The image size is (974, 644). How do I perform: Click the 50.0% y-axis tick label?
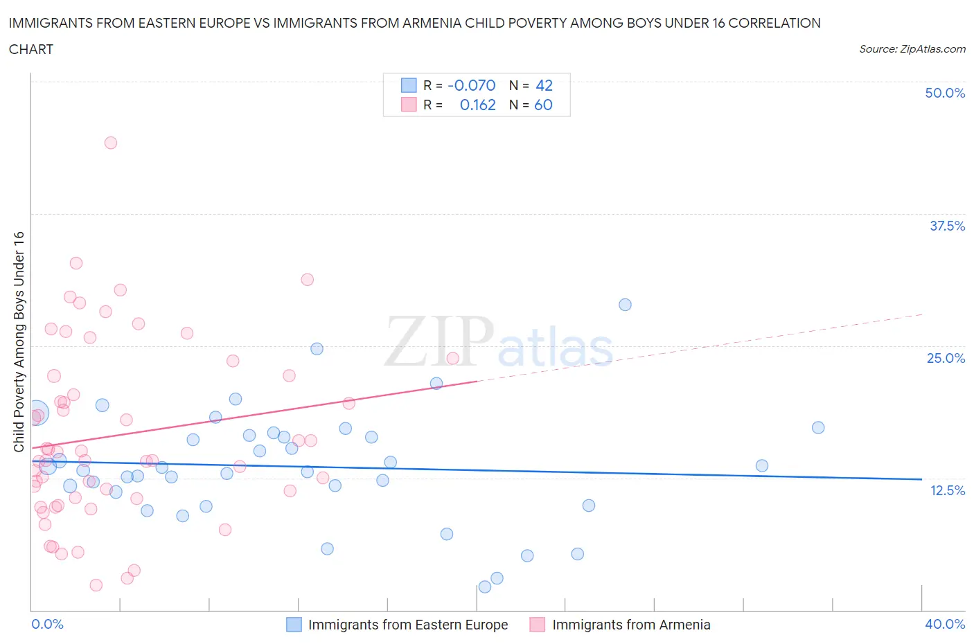945,93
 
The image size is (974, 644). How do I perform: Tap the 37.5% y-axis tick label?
947,226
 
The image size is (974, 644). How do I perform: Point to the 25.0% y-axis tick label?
946,358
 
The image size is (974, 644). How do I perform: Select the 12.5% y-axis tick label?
947,490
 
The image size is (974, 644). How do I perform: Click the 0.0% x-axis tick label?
48,624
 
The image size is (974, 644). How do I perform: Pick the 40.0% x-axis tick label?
945,624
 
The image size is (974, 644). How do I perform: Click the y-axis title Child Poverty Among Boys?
19,341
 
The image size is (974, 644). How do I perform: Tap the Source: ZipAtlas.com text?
912,49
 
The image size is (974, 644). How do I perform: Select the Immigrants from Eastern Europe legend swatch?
294,625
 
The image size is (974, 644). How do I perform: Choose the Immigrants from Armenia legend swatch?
537,625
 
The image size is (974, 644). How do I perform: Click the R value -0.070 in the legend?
472,85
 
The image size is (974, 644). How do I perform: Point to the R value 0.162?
477,105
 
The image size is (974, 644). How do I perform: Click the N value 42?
544,85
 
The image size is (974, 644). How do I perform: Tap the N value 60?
543,105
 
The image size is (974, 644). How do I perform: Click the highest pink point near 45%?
111,143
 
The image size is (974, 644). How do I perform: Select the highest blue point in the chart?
625,305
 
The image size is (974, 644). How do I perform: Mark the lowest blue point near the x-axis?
485,587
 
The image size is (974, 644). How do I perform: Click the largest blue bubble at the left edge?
37,413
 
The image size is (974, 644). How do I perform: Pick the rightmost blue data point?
818,427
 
